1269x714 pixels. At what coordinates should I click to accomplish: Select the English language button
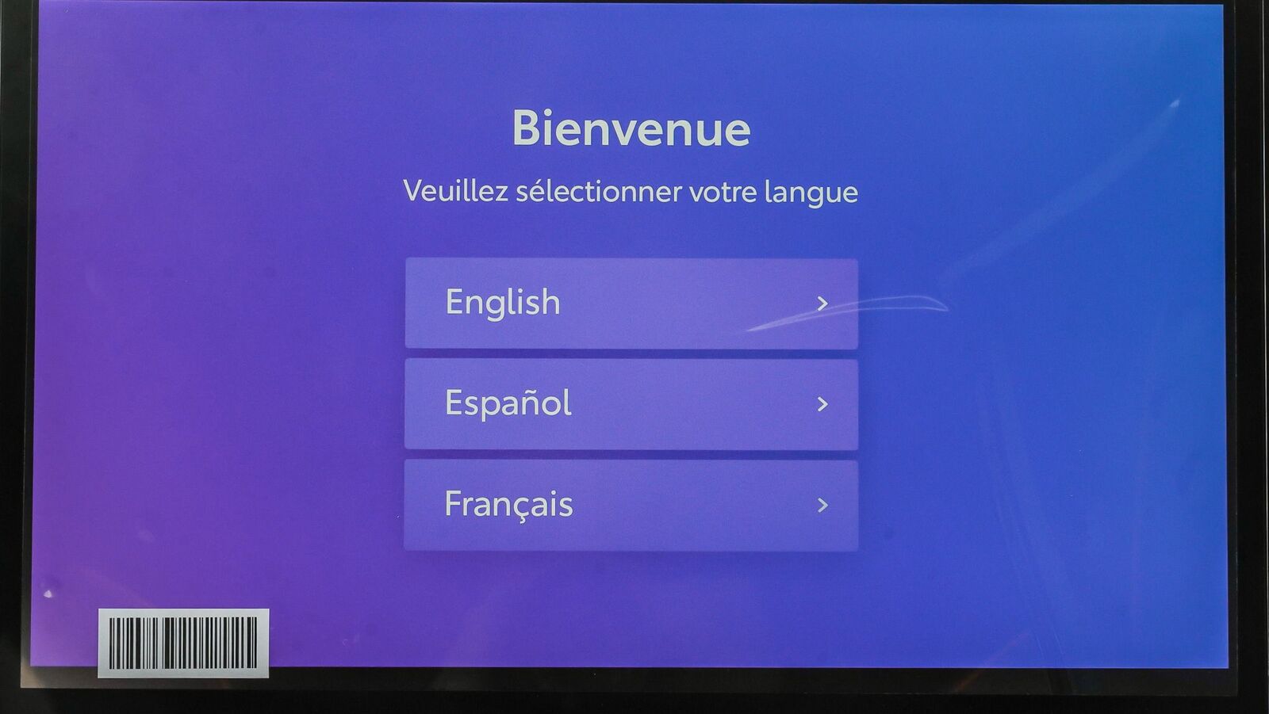point(631,304)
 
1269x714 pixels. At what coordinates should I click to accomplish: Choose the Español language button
point(631,404)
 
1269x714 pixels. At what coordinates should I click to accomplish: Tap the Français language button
point(631,505)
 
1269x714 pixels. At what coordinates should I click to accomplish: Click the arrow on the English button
point(822,304)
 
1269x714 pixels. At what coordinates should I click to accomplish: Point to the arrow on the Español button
point(822,404)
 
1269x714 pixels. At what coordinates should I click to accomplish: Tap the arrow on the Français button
point(822,505)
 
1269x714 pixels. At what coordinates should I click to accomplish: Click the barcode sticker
point(183,643)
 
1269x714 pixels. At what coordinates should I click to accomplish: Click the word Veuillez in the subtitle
point(455,191)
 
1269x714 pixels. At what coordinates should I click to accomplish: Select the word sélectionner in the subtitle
point(599,192)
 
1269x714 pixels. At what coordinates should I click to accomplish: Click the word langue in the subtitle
point(811,193)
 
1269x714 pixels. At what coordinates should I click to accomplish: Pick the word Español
point(508,403)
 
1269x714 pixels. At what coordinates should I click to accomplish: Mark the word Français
point(508,504)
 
